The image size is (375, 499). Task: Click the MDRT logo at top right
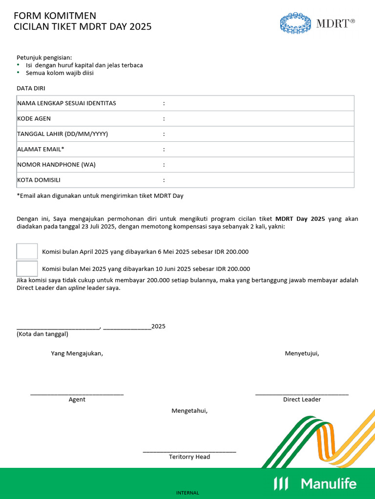(317, 23)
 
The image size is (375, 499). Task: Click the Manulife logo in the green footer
(315, 483)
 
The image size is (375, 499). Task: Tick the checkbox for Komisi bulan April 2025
(27, 251)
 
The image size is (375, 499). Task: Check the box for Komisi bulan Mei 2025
(27, 269)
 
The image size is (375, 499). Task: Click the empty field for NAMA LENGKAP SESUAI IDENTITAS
(259, 103)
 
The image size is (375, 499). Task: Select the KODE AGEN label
(34, 118)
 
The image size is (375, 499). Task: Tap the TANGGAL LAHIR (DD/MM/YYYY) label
(62, 134)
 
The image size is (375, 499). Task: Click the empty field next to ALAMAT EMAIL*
(259, 149)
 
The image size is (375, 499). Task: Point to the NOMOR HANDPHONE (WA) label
(56, 165)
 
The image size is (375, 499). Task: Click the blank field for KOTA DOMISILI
(259, 180)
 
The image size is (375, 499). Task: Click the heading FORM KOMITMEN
(55, 16)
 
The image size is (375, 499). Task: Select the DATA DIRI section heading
(31, 88)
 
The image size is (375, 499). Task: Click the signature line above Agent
(77, 394)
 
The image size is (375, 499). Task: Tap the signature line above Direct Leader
(302, 394)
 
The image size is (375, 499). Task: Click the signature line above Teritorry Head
(189, 452)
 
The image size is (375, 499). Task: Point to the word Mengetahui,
(189, 411)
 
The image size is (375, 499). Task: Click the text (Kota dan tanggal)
(42, 334)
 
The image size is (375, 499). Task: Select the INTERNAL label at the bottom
(187, 493)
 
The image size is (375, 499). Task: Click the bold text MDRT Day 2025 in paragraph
(300, 219)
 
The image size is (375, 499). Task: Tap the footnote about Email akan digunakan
(100, 196)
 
